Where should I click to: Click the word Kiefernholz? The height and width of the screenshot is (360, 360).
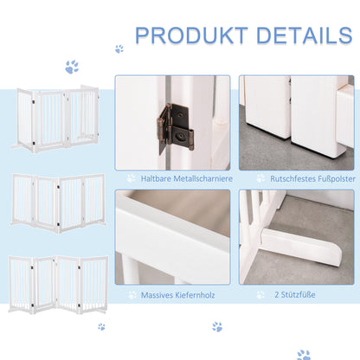tap(197, 295)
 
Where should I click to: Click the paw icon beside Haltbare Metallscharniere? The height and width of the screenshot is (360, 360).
tap(131, 179)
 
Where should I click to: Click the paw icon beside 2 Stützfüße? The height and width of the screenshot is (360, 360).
tap(260, 295)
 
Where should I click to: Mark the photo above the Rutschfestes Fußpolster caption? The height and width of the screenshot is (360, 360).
tap(295, 122)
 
